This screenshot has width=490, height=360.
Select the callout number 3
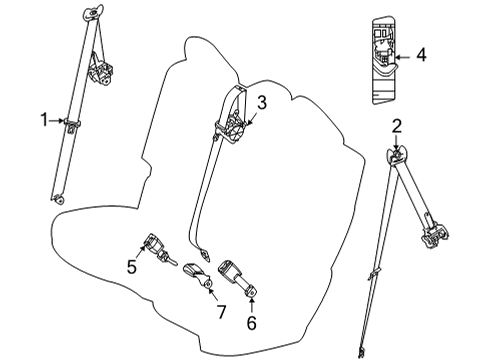[x=261, y=101]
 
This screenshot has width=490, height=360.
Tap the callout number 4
[x=421, y=56]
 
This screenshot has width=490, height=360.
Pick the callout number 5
[x=131, y=267]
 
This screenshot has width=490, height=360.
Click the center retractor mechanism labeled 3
[x=235, y=130]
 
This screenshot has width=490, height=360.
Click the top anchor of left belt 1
[x=96, y=15]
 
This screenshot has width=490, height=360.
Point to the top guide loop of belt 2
[x=397, y=154]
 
